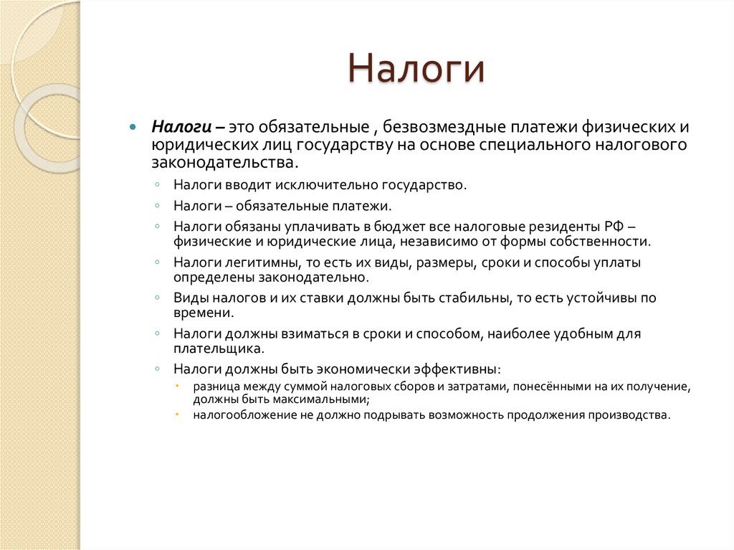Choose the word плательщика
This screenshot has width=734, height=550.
219,349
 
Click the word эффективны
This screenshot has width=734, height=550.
457,370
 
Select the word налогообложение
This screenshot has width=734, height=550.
239,415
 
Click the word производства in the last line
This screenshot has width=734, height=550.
629,415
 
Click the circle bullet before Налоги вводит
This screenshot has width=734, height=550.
157,185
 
